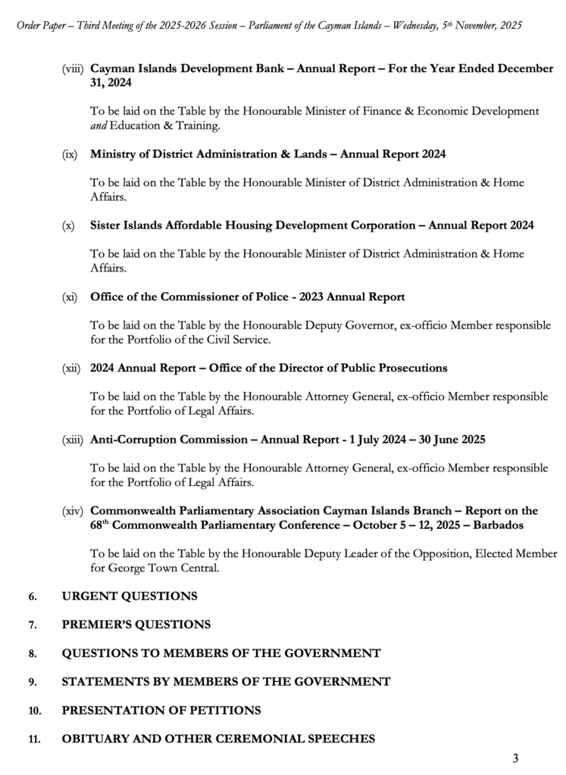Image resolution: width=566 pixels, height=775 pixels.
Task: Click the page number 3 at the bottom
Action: (x=515, y=758)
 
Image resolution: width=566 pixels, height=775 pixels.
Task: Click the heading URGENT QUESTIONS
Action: (x=130, y=596)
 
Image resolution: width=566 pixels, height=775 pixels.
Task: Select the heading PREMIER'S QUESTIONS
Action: (x=136, y=625)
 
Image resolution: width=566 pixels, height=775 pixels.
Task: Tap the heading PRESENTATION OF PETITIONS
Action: (x=161, y=711)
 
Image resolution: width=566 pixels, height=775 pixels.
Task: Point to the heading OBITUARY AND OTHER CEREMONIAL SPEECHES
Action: (x=218, y=739)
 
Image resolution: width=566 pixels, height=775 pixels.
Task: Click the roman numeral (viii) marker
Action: (x=73, y=69)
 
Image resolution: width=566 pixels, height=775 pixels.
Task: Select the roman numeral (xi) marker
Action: (x=70, y=297)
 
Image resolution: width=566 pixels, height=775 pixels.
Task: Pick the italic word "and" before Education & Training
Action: (x=99, y=126)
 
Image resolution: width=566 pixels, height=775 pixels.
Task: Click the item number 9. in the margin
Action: (x=33, y=683)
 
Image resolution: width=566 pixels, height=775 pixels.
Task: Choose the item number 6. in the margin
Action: (x=33, y=597)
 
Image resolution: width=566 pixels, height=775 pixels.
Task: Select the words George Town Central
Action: (x=144, y=568)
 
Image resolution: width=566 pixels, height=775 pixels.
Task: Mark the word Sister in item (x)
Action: (x=107, y=226)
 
